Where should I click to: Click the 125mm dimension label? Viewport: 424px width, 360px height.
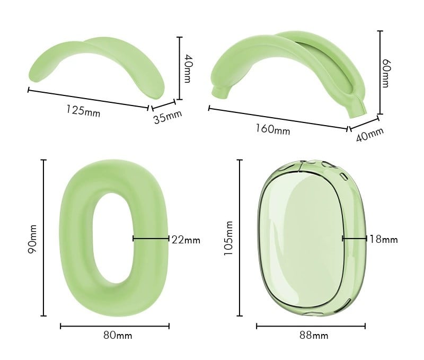pyautogui.click(x=83, y=111)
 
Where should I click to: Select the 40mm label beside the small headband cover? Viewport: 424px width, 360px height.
pyautogui.click(x=188, y=68)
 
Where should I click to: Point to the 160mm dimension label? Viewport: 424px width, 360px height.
pyautogui.click(x=273, y=129)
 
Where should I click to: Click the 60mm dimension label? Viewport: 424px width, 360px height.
pyautogui.click(x=386, y=73)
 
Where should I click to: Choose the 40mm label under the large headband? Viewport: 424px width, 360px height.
pyautogui.click(x=369, y=135)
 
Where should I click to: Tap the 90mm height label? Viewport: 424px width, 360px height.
pyautogui.click(x=32, y=239)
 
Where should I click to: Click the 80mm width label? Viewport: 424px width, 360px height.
pyautogui.click(x=118, y=336)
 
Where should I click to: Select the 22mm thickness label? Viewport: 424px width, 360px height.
pyautogui.click(x=186, y=240)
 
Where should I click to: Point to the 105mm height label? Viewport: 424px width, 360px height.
pyautogui.click(x=228, y=238)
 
